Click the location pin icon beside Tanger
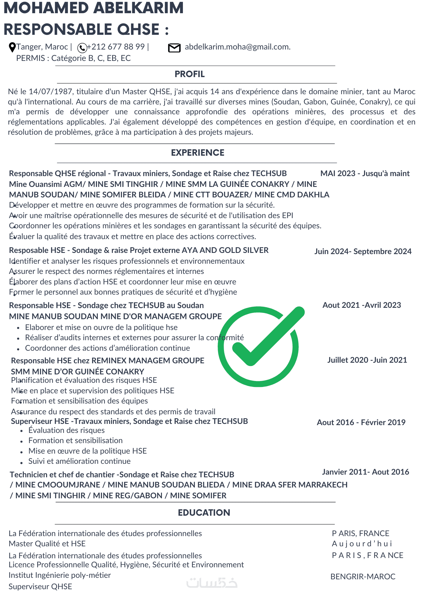click(x=12, y=47)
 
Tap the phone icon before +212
click(x=82, y=48)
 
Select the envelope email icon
click(x=174, y=48)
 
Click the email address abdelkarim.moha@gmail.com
click(x=237, y=47)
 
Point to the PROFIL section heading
click(x=190, y=74)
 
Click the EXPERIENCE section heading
click(x=198, y=153)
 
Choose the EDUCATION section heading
click(x=204, y=512)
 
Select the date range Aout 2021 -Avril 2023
click(x=362, y=305)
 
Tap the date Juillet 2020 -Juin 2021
click(x=367, y=360)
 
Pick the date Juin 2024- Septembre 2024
click(x=363, y=251)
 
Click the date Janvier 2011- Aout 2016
click(x=366, y=472)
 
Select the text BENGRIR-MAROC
click(x=363, y=577)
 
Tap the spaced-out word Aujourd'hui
click(x=362, y=544)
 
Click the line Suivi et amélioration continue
click(x=79, y=461)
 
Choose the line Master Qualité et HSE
click(x=47, y=544)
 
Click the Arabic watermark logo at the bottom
click(x=212, y=583)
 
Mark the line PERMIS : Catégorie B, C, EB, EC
click(x=73, y=58)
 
